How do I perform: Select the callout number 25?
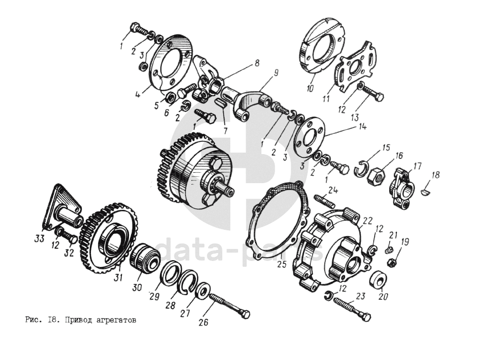pos(281,265)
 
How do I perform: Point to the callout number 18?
pos(436,175)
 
